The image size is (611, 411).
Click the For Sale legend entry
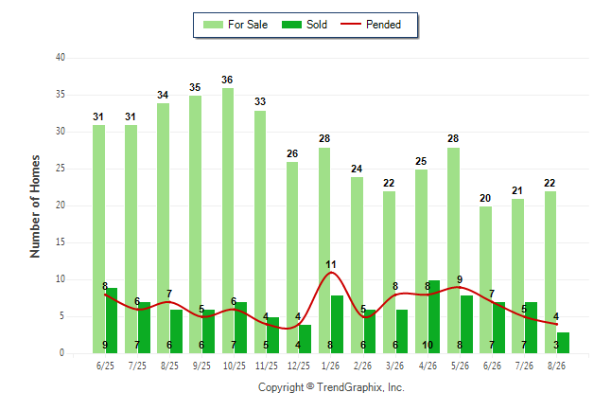[x=236, y=25]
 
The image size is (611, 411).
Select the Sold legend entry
[x=305, y=25]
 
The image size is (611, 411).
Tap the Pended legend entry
[x=371, y=25]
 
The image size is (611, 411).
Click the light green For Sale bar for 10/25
[x=228, y=221]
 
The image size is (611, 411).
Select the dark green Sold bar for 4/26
[x=434, y=316]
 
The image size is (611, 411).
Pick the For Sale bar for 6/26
[x=485, y=280]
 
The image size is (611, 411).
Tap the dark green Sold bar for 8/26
[x=563, y=343]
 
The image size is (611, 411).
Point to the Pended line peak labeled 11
[x=331, y=272]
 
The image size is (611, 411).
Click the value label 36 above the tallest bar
[x=227, y=80]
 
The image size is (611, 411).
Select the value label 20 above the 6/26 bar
[x=485, y=198]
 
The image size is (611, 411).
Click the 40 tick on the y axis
[x=61, y=58]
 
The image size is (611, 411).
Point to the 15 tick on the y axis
[x=61, y=242]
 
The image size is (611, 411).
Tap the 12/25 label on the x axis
[x=299, y=366]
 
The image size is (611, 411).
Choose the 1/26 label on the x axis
[x=330, y=366]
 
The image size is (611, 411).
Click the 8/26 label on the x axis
[x=556, y=366]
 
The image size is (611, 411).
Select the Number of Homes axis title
[x=35, y=206]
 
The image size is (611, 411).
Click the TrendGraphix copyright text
[x=331, y=387]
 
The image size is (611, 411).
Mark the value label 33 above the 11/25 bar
[x=260, y=102]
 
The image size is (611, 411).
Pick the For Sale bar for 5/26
[x=454, y=250]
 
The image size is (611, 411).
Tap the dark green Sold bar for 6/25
[x=112, y=320]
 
